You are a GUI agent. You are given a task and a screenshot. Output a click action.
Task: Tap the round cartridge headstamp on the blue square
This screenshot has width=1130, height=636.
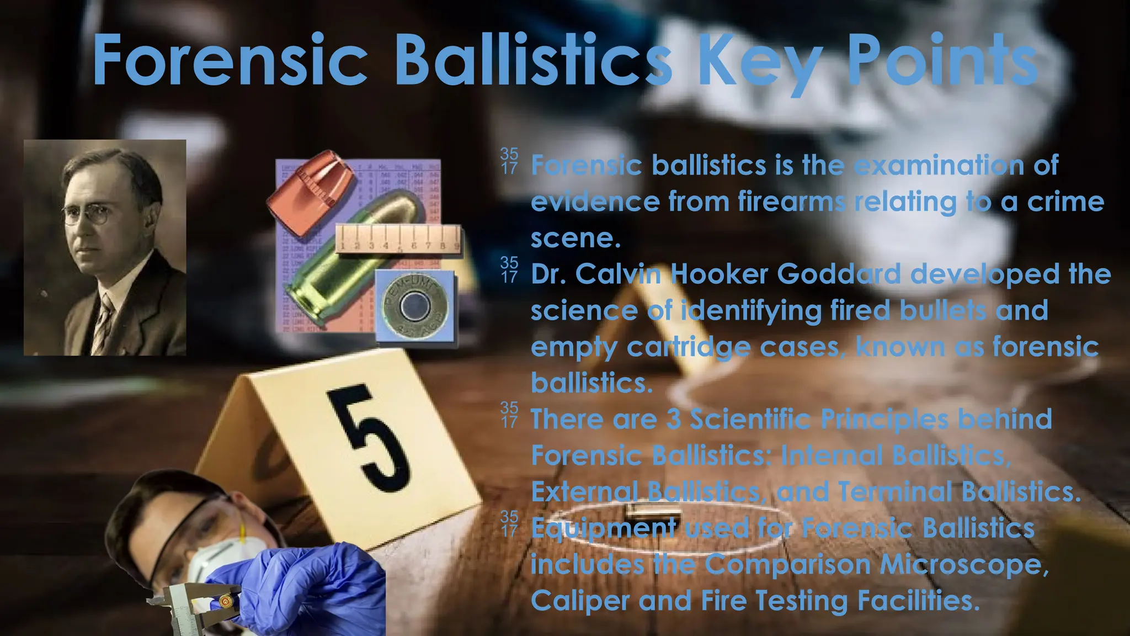[415, 307]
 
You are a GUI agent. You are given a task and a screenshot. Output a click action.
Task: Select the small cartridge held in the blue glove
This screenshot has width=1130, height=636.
[225, 600]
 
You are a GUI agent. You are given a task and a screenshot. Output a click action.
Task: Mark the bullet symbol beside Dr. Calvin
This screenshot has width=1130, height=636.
[509, 269]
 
